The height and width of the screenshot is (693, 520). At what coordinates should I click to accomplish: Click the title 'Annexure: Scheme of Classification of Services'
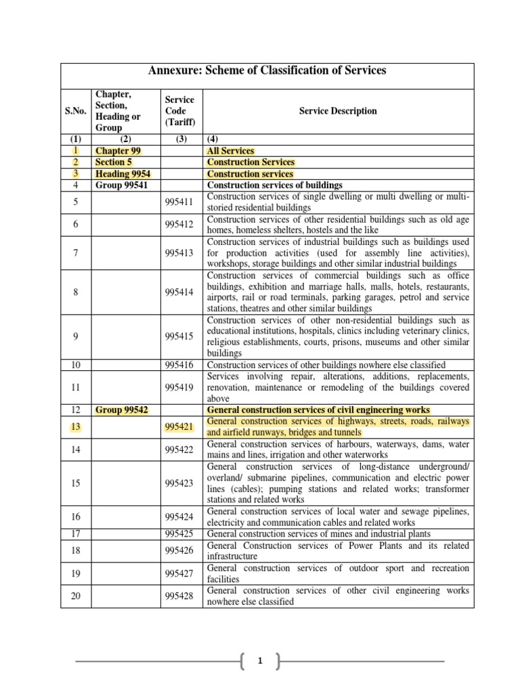(x=267, y=71)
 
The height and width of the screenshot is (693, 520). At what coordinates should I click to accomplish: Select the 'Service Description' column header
(x=338, y=111)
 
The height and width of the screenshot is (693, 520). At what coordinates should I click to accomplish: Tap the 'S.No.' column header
(x=76, y=112)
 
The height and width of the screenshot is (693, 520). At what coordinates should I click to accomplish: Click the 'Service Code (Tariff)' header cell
(x=179, y=111)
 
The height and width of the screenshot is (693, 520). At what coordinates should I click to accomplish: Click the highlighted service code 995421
(x=179, y=427)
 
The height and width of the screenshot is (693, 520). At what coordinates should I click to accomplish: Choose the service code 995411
(x=179, y=202)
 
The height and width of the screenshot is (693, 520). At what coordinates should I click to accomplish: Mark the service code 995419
(x=179, y=388)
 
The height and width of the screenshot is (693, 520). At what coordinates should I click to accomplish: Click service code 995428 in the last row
(x=179, y=596)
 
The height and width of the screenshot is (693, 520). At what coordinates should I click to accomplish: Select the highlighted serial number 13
(x=76, y=427)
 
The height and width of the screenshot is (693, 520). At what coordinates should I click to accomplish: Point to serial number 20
(x=76, y=596)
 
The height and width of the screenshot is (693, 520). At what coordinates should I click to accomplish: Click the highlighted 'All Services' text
(x=231, y=151)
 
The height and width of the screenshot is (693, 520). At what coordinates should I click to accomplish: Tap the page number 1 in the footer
(x=260, y=661)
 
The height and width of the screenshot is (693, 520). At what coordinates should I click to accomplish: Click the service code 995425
(x=179, y=534)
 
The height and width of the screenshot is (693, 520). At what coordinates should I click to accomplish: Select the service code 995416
(x=179, y=365)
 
